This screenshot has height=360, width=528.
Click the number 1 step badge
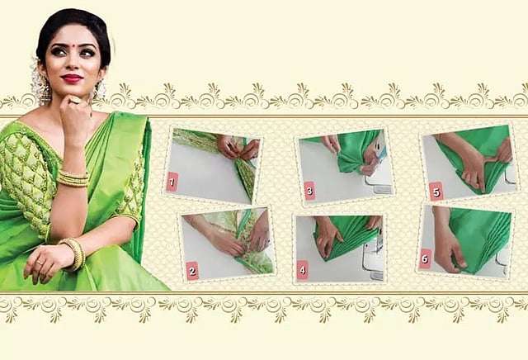[x=172, y=182]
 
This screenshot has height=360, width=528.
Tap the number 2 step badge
[x=192, y=271]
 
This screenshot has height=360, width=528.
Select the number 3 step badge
[x=309, y=191]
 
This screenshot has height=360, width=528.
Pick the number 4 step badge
[x=303, y=270]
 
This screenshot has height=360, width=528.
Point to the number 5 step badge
[x=436, y=192]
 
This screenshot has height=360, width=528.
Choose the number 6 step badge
[x=426, y=258]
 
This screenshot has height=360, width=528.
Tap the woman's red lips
[x=72, y=78]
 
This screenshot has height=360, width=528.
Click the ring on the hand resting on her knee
[x=40, y=263]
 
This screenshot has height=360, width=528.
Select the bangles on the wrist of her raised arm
[x=73, y=178]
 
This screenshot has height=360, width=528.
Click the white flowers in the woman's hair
[x=39, y=83]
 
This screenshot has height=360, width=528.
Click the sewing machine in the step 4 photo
[x=373, y=256]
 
